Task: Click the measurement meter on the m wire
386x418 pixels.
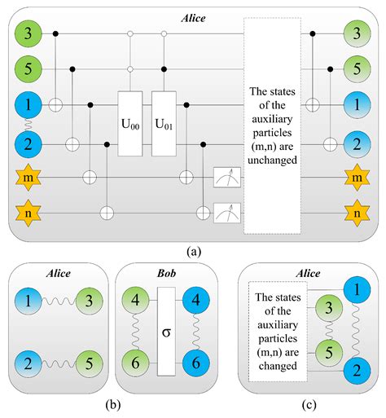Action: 226,177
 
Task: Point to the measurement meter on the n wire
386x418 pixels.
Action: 226,213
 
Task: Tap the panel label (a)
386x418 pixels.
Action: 192,251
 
